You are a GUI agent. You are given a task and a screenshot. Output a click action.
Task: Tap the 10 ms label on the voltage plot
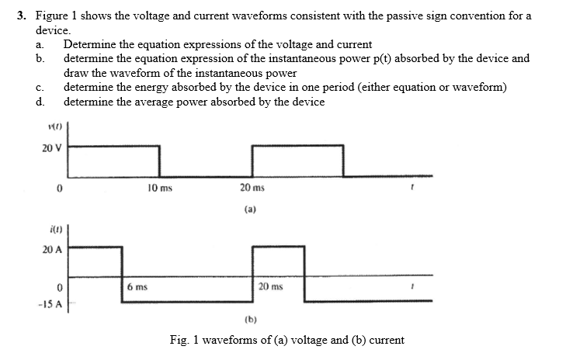(x=160, y=189)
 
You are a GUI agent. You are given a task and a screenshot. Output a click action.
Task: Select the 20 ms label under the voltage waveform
(x=253, y=189)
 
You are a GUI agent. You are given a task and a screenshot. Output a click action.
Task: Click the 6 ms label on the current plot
(x=137, y=287)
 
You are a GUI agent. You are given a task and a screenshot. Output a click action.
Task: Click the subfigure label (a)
(x=250, y=209)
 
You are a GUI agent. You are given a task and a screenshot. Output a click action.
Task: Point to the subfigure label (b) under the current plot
(x=250, y=319)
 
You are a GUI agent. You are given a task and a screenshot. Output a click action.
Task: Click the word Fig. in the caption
(x=179, y=340)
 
